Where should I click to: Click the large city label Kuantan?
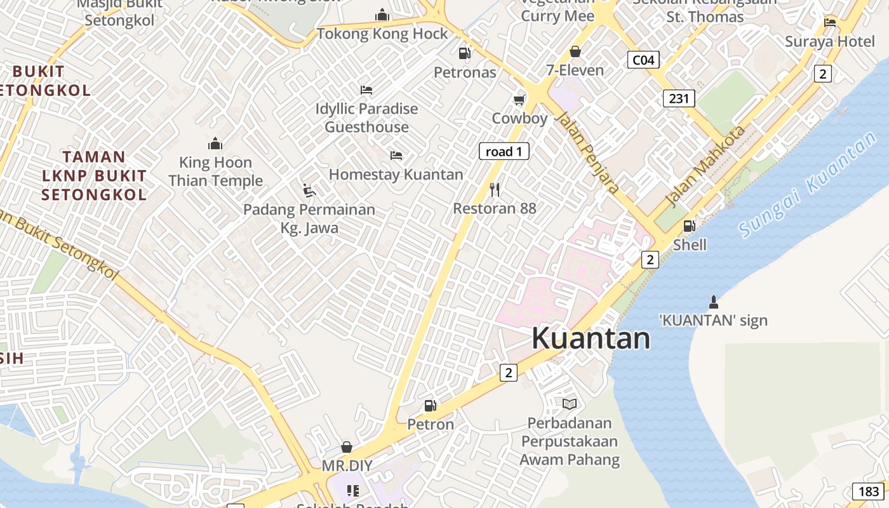pyautogui.click(x=591, y=338)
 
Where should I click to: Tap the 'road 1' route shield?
pyautogui.click(x=504, y=151)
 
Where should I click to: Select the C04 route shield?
pyautogui.click(x=643, y=60)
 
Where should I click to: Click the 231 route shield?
pyautogui.click(x=679, y=98)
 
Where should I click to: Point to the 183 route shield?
pyautogui.click(x=869, y=491)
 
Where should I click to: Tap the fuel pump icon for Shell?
pyautogui.click(x=689, y=225)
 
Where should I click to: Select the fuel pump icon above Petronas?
pyautogui.click(x=465, y=53)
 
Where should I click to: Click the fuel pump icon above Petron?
pyautogui.click(x=431, y=405)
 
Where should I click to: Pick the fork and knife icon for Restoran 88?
pyautogui.click(x=495, y=189)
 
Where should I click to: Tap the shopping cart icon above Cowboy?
pyautogui.click(x=519, y=100)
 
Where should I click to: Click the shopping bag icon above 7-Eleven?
pyautogui.click(x=575, y=51)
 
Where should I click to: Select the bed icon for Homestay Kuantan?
pyautogui.click(x=396, y=155)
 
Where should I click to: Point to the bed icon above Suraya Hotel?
pyautogui.click(x=830, y=23)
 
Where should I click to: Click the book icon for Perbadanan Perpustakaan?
pyautogui.click(x=570, y=404)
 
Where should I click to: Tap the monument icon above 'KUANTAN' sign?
pyautogui.click(x=713, y=302)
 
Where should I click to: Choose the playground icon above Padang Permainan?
pyautogui.click(x=309, y=190)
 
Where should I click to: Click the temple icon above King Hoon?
pyautogui.click(x=215, y=144)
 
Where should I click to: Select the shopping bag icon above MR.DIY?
pyautogui.click(x=347, y=447)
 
